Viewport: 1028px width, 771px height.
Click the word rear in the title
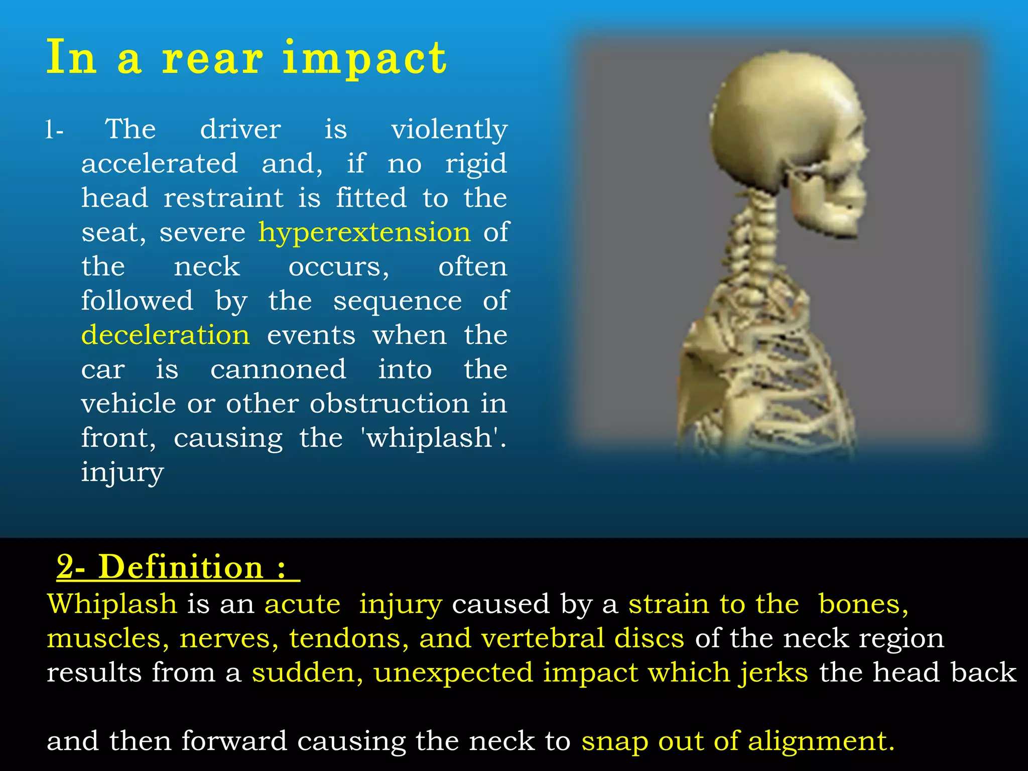click(212, 59)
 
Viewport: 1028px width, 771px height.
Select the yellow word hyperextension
click(364, 233)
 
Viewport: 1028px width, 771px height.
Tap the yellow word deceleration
click(166, 335)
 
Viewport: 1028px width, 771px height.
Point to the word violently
click(449, 130)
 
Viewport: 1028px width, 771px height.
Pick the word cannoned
click(278, 369)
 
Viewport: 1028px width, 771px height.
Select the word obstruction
click(389, 404)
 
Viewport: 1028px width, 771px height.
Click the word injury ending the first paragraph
click(122, 472)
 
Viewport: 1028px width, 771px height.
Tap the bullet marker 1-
click(54, 131)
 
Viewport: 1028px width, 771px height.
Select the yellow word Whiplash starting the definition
click(111, 604)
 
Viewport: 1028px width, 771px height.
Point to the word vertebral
click(543, 638)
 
